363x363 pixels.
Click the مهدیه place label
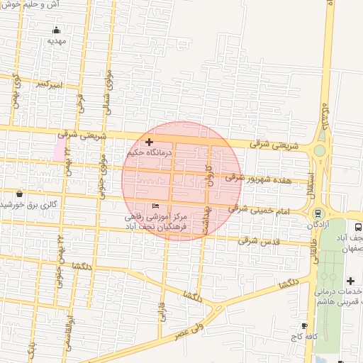pos(57,41)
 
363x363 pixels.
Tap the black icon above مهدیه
pos(57,30)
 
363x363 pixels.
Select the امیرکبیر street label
pos(50,84)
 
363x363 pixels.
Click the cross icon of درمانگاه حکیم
pos(149,143)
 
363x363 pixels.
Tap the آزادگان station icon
pos(318,213)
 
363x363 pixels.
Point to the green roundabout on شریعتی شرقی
pos(320,150)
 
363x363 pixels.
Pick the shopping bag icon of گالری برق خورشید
pos(19,193)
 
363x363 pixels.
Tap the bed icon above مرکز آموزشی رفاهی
pos(155,206)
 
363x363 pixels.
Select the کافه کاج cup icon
pos(304,325)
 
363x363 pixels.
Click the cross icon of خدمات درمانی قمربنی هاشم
pos(350,281)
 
